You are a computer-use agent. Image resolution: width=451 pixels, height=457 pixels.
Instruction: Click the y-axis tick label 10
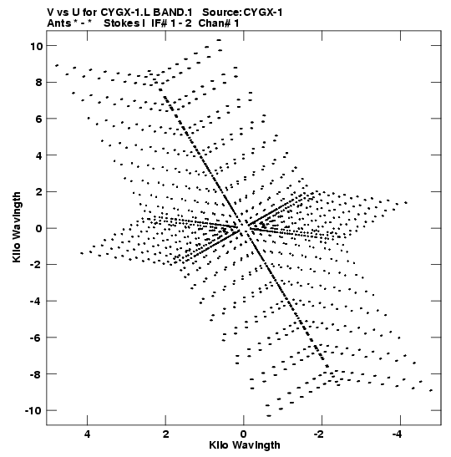(x=36, y=46)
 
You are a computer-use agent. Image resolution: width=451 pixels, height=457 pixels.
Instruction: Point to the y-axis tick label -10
(x=33, y=411)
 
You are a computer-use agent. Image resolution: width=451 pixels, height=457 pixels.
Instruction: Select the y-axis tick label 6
(x=39, y=119)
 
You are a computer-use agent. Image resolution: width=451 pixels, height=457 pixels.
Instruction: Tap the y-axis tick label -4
(x=37, y=302)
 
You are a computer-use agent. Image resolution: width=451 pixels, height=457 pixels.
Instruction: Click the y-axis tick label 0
(x=39, y=229)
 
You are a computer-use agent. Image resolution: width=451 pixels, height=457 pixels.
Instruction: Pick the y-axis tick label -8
(x=37, y=374)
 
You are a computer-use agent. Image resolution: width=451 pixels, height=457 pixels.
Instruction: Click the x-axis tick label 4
(x=87, y=434)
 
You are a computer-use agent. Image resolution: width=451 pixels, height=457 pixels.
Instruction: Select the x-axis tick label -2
(x=319, y=434)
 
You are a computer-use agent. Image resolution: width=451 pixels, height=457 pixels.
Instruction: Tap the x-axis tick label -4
(x=397, y=434)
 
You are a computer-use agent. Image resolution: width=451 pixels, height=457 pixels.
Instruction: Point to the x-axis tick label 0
(x=244, y=434)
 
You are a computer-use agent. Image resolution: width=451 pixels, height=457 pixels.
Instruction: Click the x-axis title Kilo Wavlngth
(x=245, y=445)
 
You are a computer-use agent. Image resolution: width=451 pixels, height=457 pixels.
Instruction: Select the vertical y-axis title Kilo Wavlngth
(x=17, y=227)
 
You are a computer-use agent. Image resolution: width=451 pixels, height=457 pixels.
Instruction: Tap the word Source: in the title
(x=221, y=13)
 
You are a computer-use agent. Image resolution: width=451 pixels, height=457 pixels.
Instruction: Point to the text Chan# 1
(x=219, y=23)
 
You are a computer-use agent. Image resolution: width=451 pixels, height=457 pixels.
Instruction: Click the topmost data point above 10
(x=219, y=40)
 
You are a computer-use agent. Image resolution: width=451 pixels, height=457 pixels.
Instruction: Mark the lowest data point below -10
(x=269, y=416)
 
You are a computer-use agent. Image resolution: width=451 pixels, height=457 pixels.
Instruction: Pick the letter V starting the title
(x=50, y=13)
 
